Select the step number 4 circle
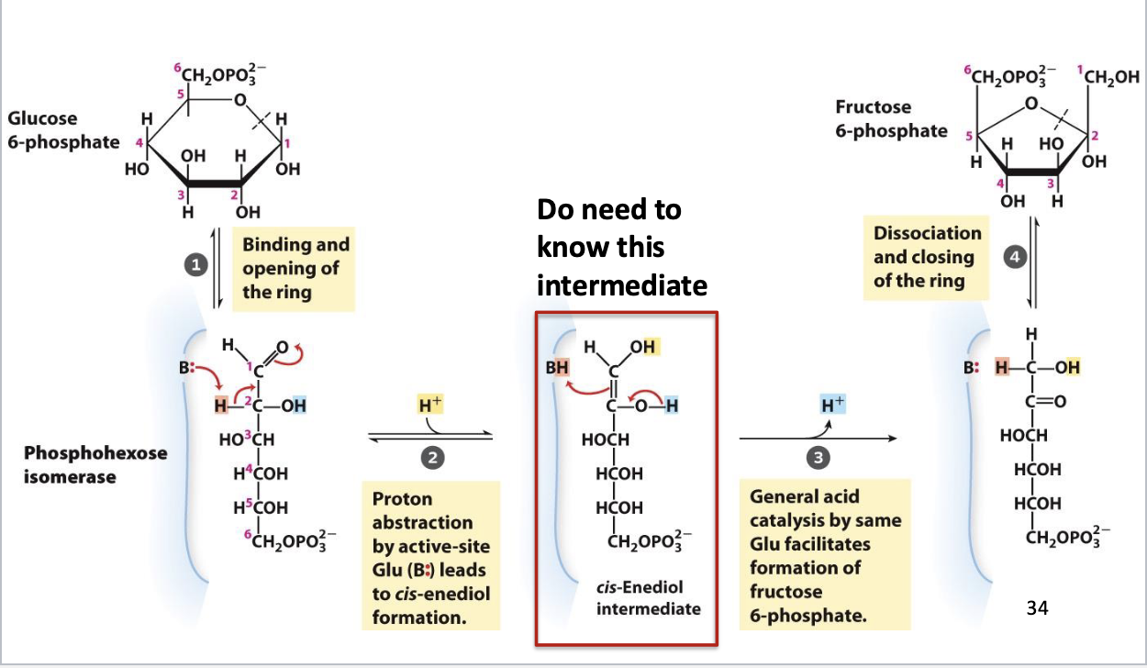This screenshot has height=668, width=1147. click(x=1014, y=258)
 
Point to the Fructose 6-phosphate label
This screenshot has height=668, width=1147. click(x=890, y=119)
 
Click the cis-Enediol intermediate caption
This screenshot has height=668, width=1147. click(x=640, y=597)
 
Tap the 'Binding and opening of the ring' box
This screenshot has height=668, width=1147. click(x=295, y=269)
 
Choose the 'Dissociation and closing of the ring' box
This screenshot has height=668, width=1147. click(x=927, y=258)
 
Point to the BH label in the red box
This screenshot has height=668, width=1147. click(x=557, y=368)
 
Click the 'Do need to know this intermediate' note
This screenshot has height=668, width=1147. click(x=621, y=248)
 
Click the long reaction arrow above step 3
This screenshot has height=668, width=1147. click(x=817, y=439)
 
